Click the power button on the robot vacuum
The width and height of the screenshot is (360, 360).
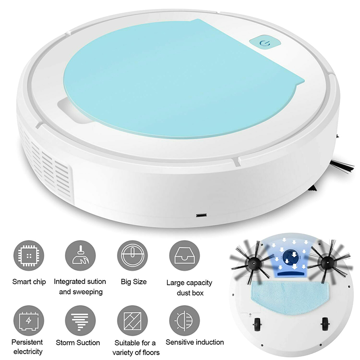pyautogui.click(x=265, y=43)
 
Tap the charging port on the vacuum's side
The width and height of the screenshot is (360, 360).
pyautogui.click(x=201, y=216)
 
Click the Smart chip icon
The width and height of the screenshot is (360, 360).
pyautogui.click(x=28, y=256)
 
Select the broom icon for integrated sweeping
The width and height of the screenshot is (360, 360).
pyautogui.click(x=81, y=256)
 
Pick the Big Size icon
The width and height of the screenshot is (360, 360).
pyautogui.click(x=132, y=256)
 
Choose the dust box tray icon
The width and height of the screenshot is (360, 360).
pyautogui.click(x=184, y=256)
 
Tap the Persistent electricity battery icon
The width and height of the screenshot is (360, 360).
pyautogui.click(x=28, y=320)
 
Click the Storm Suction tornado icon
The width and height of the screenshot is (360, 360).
pyautogui.click(x=81, y=320)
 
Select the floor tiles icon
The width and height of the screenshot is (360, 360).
pyautogui.click(x=132, y=320)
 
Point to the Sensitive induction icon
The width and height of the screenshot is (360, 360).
pyautogui.click(x=184, y=320)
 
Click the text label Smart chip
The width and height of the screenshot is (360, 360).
pyautogui.click(x=29, y=282)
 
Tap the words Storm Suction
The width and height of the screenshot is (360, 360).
pyautogui.click(x=78, y=342)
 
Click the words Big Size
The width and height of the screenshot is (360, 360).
pyautogui.click(x=134, y=282)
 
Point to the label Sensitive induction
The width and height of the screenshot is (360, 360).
pyautogui.click(x=195, y=342)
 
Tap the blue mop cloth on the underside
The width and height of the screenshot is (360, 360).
pyautogui.click(x=290, y=297)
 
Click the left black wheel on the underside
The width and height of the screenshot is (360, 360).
pyautogui.click(x=257, y=324)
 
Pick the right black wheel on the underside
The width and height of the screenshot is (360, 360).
pyautogui.click(x=325, y=324)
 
